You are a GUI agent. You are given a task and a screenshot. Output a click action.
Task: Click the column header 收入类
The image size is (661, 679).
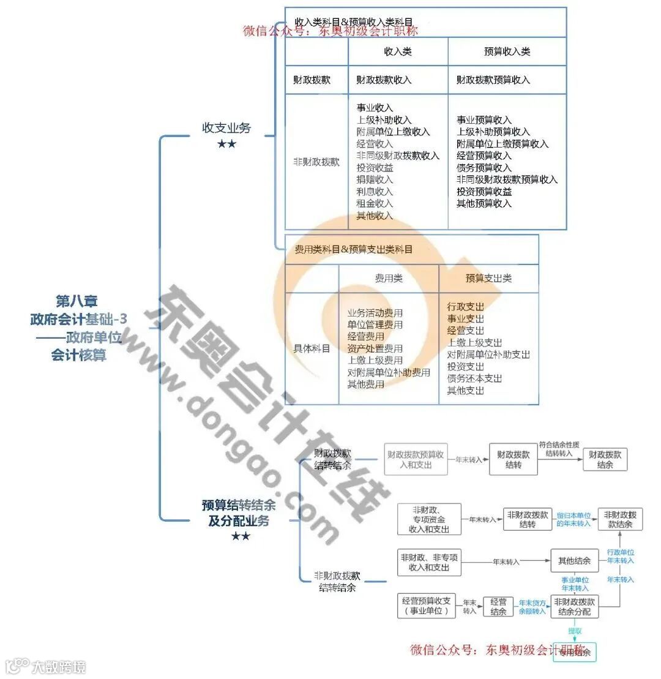(x=397, y=52)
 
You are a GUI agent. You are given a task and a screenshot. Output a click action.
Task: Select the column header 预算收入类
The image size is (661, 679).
(x=507, y=52)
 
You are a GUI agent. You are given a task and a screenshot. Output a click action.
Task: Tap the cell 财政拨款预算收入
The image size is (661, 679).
(x=493, y=80)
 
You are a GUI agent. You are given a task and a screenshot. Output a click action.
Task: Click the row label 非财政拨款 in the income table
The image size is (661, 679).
(x=316, y=162)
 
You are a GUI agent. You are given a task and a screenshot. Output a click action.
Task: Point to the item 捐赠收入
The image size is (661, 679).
(x=375, y=180)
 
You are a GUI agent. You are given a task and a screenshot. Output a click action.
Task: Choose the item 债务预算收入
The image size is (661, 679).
(x=484, y=168)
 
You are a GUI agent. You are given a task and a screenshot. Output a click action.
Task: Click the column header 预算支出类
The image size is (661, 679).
(x=488, y=279)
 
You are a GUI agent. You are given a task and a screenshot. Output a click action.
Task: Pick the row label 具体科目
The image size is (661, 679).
(x=312, y=348)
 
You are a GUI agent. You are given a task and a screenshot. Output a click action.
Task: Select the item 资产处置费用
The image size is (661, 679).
(x=375, y=348)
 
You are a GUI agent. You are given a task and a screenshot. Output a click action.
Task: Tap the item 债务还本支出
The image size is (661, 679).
(x=474, y=378)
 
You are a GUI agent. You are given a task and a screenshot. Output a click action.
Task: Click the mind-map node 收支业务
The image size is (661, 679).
(x=226, y=128)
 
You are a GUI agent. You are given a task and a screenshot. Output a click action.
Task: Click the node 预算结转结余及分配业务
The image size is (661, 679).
(x=239, y=513)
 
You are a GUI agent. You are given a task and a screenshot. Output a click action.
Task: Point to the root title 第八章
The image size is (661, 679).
(x=77, y=301)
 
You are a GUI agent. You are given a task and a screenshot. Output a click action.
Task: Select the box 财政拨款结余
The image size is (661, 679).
(x=605, y=460)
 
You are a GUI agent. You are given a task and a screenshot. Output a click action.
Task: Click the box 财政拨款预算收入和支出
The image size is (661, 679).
(x=416, y=460)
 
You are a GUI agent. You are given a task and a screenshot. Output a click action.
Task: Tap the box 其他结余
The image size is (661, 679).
(x=574, y=561)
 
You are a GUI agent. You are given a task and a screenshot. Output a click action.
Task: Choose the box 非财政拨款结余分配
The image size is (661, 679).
(x=574, y=606)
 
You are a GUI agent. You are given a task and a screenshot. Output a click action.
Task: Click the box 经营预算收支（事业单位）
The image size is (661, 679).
(x=426, y=606)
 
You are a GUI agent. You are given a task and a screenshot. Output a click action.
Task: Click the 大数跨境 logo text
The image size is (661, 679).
(x=59, y=666)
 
